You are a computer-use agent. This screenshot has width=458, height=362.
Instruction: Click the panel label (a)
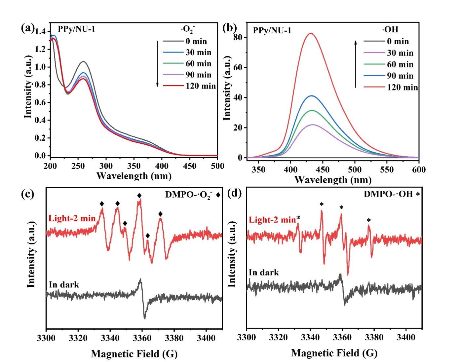(x=27, y=28)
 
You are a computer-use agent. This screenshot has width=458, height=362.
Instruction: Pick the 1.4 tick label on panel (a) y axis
(x=41, y=32)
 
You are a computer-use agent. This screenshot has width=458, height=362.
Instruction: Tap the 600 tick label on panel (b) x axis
(x=419, y=170)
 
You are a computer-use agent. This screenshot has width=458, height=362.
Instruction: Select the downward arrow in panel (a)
(x=158, y=63)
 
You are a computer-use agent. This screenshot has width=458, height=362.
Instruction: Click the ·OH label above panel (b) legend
(x=390, y=30)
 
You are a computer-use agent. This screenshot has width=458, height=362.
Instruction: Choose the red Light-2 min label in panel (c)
(x=72, y=218)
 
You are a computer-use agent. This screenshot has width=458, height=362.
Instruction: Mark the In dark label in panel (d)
(x=264, y=272)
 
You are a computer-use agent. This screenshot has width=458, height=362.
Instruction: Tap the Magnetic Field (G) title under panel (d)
(x=334, y=353)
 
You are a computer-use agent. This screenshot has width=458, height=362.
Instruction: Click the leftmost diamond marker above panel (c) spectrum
(x=102, y=204)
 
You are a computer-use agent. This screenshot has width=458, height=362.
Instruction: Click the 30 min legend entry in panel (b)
(x=400, y=53)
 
